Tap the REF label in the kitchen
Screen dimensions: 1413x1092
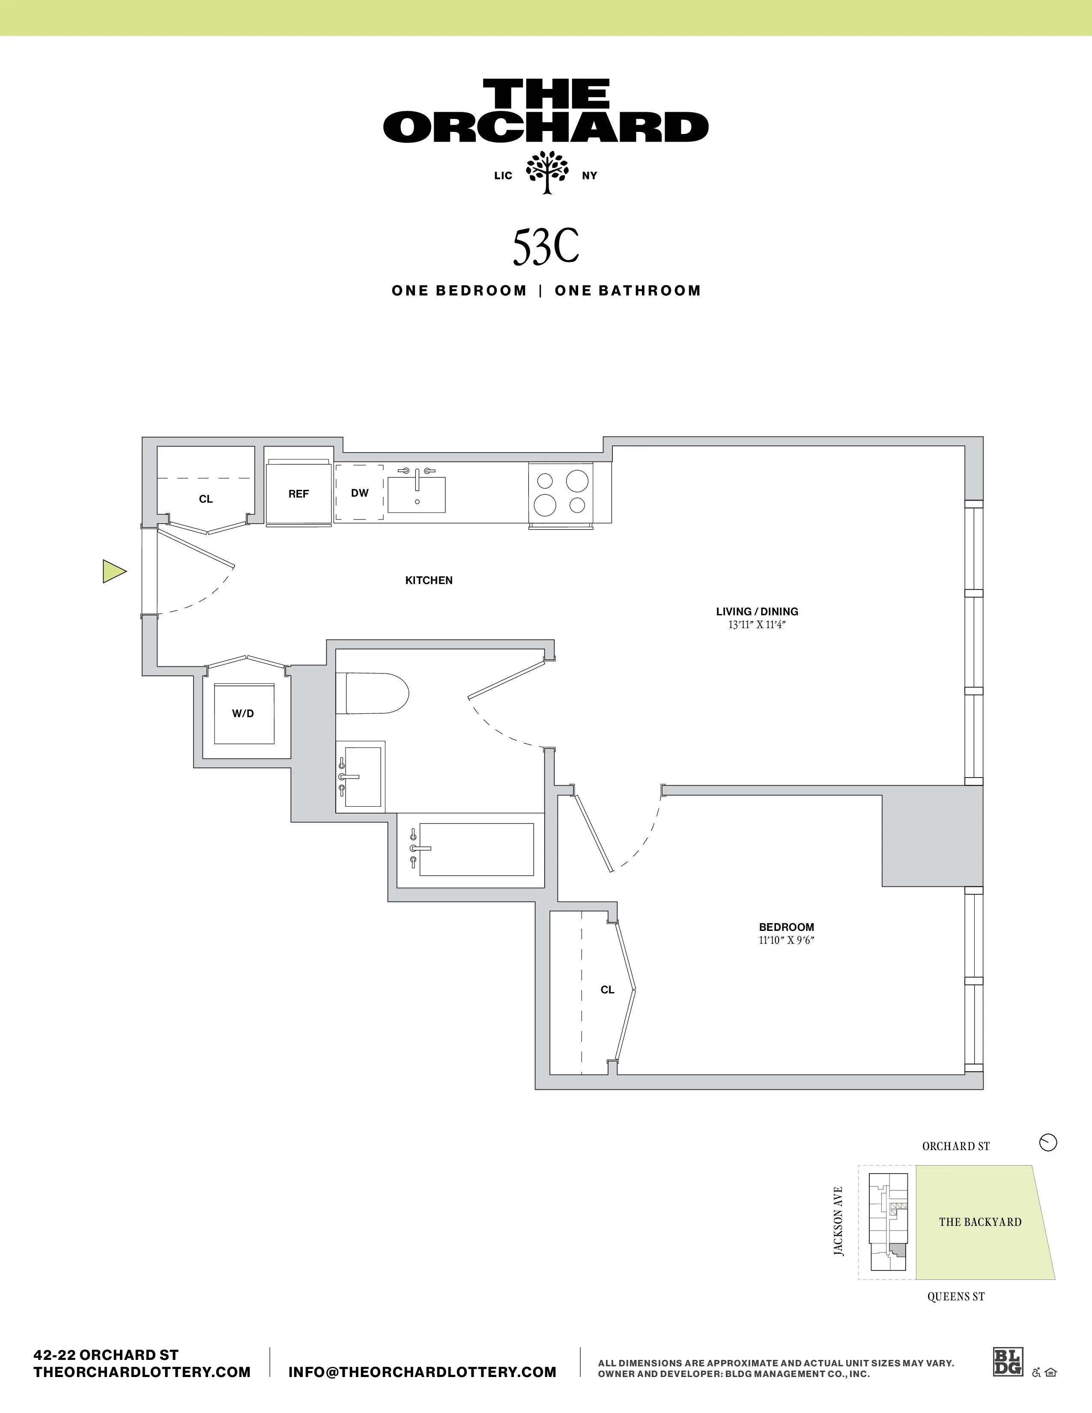(x=298, y=494)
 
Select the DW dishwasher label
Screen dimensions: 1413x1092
(x=360, y=493)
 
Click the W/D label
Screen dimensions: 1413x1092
(x=243, y=714)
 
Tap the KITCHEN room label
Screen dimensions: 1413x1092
(x=429, y=580)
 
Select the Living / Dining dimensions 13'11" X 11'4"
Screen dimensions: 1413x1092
(x=757, y=625)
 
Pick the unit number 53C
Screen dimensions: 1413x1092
(x=545, y=247)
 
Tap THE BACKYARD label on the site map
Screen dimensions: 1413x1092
(x=980, y=1222)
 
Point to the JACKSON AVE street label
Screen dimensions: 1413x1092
(x=838, y=1222)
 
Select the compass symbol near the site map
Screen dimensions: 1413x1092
(x=1047, y=1142)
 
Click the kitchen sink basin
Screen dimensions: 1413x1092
(x=417, y=495)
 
